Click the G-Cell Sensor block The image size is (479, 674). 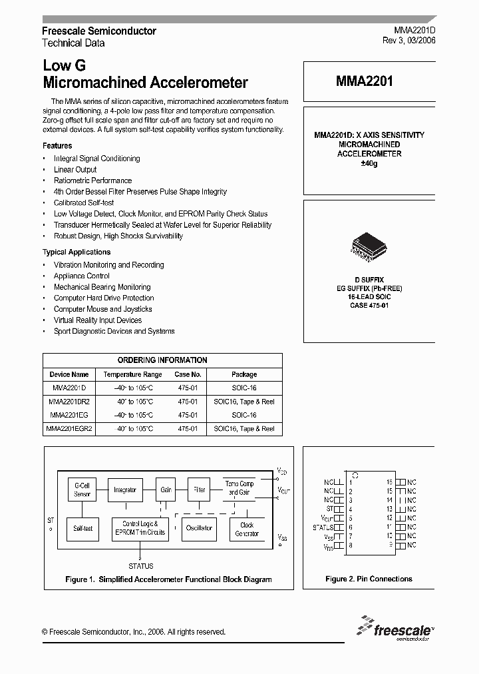point(82,490)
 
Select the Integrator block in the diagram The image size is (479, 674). point(124,490)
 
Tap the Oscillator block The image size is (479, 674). point(199,528)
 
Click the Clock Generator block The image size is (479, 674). point(247,529)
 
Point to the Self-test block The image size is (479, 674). point(82,529)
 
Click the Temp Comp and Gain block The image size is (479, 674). point(239,488)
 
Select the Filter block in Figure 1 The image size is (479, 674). point(199,490)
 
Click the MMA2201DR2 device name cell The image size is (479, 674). point(69,402)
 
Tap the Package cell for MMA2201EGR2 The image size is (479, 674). point(244,429)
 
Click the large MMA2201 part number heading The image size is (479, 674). point(364,82)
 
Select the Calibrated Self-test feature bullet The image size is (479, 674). point(84,202)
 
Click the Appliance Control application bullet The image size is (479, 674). point(82,276)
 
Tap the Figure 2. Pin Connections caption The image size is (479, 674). point(369,579)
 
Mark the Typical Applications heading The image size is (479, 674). point(77,252)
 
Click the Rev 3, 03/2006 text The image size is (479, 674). point(409,41)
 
